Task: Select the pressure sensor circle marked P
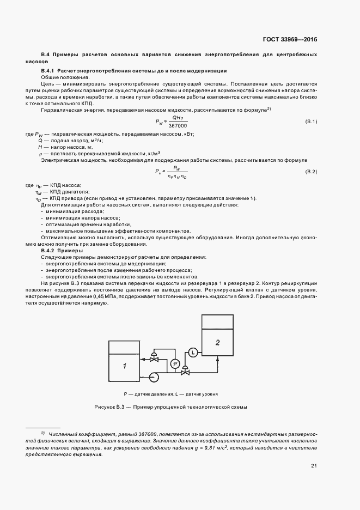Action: pyautogui.click(x=174, y=363)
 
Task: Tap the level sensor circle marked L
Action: pyautogui.click(x=192, y=352)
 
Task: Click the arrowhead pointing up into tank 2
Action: pyautogui.click(x=218, y=358)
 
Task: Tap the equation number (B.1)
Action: pyautogui.click(x=310, y=121)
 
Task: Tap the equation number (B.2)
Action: pyautogui.click(x=310, y=172)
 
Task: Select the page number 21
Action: pyautogui.click(x=314, y=465)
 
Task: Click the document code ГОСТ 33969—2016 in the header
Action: pyautogui.click(x=289, y=39)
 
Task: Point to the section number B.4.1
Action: pyautogui.click(x=49, y=72)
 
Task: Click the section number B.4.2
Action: pyautogui.click(x=49, y=251)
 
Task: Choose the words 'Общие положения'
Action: pyautogui.click(x=60, y=78)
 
